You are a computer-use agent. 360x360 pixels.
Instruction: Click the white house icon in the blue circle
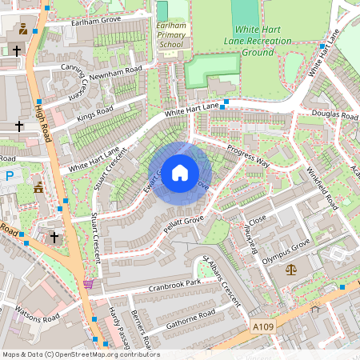coord(180,172)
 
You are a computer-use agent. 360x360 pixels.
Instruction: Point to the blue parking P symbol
coord(9,175)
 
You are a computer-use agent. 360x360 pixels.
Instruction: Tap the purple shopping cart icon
coord(88,282)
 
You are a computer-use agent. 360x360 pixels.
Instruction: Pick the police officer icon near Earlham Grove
coord(22,29)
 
